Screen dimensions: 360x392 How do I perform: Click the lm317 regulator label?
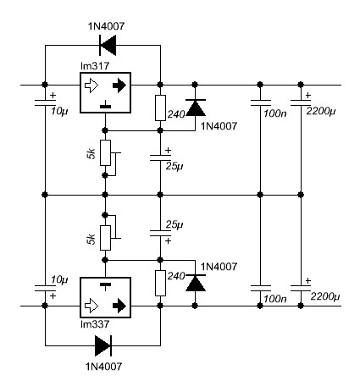95,66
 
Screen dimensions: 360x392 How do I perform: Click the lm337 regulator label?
95,324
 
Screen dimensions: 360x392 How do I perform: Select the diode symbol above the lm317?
108,45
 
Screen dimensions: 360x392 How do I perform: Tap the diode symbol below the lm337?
103,345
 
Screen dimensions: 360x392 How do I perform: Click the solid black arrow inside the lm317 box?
119,85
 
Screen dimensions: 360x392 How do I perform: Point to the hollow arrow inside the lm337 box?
91,306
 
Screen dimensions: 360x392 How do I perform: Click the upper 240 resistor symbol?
160,108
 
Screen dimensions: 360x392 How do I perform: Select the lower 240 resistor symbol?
160,283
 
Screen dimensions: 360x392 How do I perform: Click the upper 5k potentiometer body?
105,152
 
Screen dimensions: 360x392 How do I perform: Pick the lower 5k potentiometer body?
105,238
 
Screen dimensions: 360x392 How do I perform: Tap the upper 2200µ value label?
321,112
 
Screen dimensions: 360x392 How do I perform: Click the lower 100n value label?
275,299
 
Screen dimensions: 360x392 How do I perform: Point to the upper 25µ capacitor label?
174,167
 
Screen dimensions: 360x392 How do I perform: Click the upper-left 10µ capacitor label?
59,112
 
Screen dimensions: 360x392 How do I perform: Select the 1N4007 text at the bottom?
104,367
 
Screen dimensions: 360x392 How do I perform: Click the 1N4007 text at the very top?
106,26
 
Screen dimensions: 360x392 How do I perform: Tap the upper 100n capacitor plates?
260,102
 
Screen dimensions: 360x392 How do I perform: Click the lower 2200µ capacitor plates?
301,289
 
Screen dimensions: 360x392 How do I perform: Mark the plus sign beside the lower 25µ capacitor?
168,240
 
